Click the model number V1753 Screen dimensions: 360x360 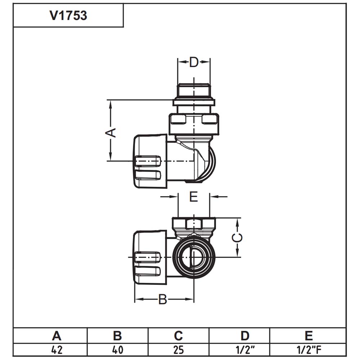point(68,15)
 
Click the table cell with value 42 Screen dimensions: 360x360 point(57,350)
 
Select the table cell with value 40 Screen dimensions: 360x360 point(118,350)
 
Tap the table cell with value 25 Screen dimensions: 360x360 point(179,350)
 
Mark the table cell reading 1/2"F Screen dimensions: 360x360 point(309,350)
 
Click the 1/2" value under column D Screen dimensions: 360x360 point(245,350)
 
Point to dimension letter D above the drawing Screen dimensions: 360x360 point(194,62)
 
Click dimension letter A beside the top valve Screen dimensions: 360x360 point(111,133)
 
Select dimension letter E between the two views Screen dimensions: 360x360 point(194,197)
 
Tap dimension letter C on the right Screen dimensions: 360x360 point(237,238)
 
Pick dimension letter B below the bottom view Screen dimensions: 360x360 point(163,300)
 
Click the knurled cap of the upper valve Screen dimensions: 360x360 point(150,161)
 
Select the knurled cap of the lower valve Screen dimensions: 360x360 point(150,258)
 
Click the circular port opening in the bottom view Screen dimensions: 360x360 point(194,258)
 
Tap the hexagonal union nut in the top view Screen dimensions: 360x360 point(194,124)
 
